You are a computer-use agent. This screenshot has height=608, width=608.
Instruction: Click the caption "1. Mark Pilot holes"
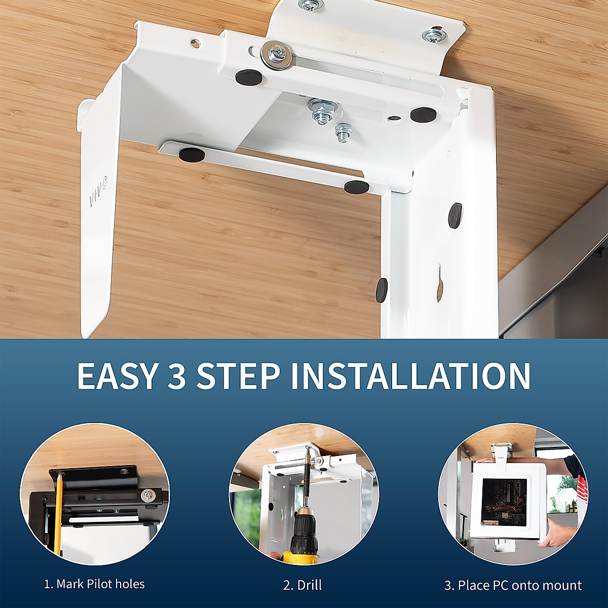point(94,584)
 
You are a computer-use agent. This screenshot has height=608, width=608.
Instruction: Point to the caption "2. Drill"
point(302,586)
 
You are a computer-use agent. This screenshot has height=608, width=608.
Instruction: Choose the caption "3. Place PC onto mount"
point(513,586)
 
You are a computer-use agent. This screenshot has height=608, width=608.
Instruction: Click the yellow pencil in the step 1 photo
point(59,512)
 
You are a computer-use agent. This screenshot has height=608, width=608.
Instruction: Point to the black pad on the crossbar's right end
point(356,186)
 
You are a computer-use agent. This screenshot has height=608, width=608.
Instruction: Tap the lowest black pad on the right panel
point(381,288)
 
